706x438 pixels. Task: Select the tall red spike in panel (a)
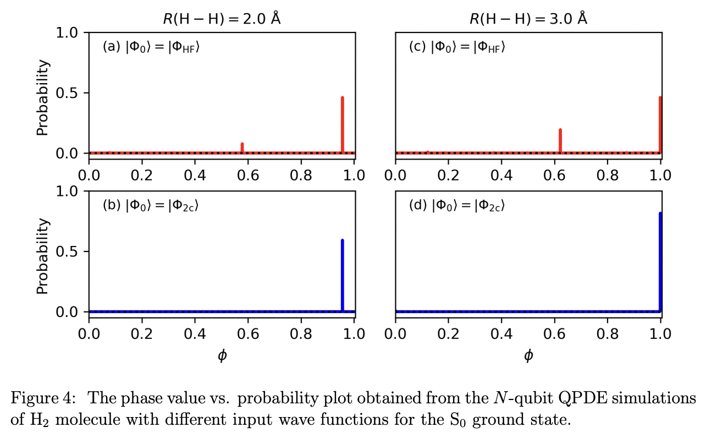pyautogui.click(x=343, y=124)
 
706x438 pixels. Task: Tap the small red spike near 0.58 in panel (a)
pyautogui.click(x=242, y=147)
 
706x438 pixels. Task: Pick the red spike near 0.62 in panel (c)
pyautogui.click(x=560, y=140)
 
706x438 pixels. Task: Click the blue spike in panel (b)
pyautogui.click(x=343, y=275)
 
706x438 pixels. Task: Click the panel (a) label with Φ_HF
pyautogui.click(x=151, y=47)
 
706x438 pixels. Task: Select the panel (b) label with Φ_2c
pyautogui.click(x=151, y=206)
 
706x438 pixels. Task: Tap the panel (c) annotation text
pyautogui.click(x=457, y=47)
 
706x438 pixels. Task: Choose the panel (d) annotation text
pyautogui.click(x=457, y=206)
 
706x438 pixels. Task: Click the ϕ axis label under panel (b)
pyautogui.click(x=222, y=355)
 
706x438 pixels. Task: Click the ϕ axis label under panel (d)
pyautogui.click(x=528, y=355)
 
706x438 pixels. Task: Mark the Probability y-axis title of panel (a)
pyautogui.click(x=43, y=98)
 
